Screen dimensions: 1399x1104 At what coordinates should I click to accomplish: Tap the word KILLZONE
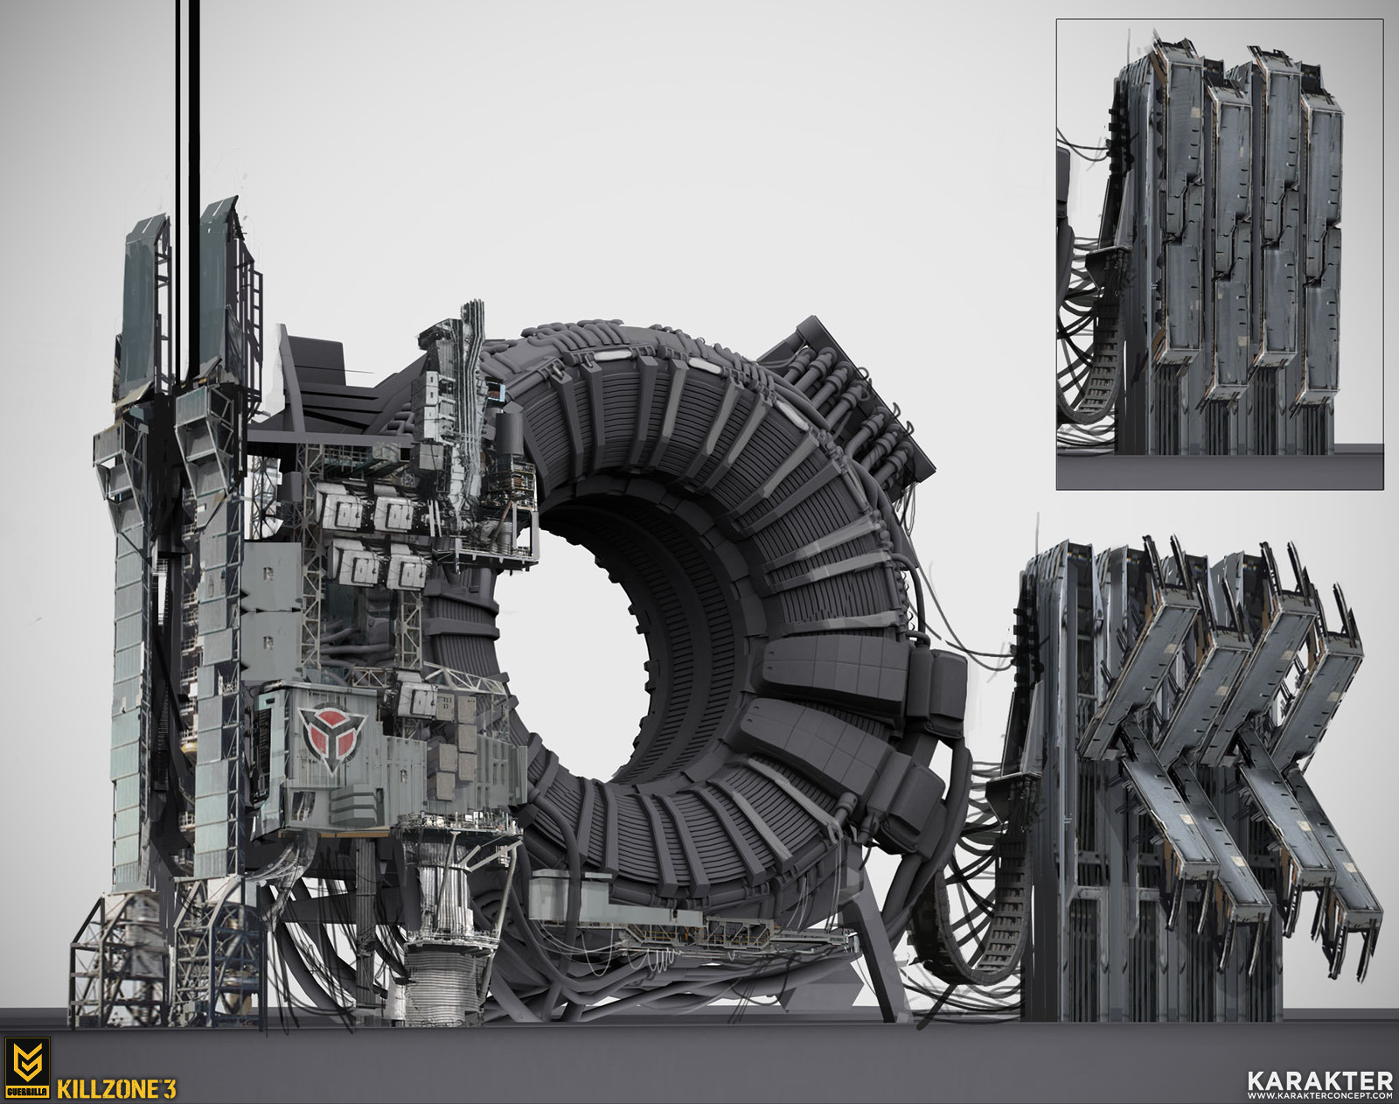(108, 1089)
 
